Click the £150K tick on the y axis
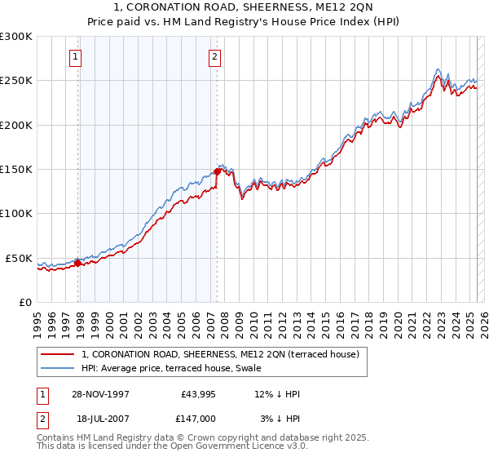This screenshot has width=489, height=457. (16, 169)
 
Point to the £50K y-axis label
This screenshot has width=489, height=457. (19, 258)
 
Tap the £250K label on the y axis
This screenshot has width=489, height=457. (16, 81)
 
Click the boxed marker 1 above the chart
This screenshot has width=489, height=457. (75, 57)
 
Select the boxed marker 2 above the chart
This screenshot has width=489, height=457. (214, 57)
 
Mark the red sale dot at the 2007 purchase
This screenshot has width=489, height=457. (218, 171)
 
